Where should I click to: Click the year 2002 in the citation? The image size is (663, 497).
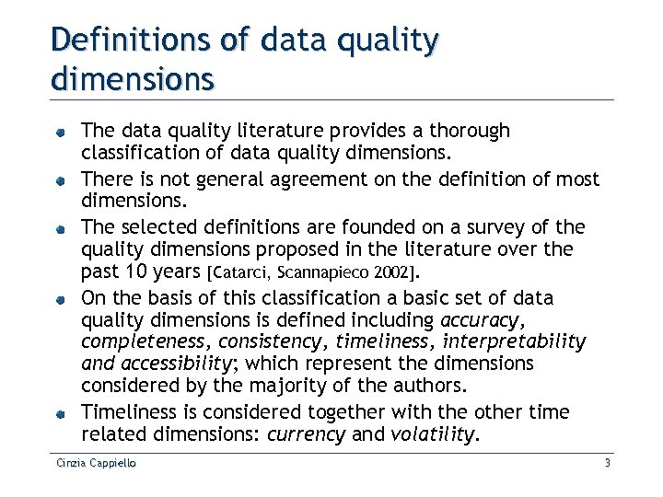click(392, 273)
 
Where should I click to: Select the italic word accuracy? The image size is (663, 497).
click(481, 321)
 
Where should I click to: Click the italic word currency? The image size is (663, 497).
click(305, 433)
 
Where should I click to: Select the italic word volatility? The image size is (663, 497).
click(426, 433)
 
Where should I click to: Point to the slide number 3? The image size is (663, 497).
click(608, 463)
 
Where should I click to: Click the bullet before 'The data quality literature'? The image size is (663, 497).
click(59, 133)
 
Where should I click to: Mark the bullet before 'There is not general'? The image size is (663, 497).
click(59, 179)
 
